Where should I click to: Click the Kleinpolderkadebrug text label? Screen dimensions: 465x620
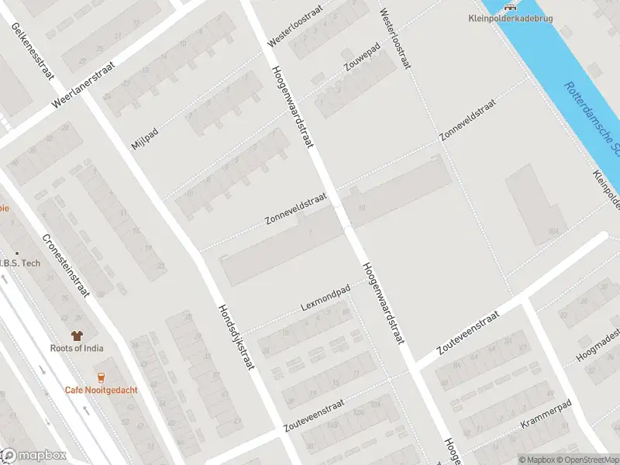coord(511,19)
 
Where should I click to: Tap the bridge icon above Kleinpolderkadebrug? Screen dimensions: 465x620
coord(511,6)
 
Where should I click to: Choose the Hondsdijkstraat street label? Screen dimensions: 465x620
coord(236,336)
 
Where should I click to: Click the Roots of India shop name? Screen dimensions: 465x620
coord(76,348)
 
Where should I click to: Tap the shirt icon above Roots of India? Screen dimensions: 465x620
coord(76,336)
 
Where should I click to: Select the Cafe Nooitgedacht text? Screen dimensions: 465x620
coord(101,390)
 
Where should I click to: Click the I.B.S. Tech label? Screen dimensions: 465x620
coord(21,263)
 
